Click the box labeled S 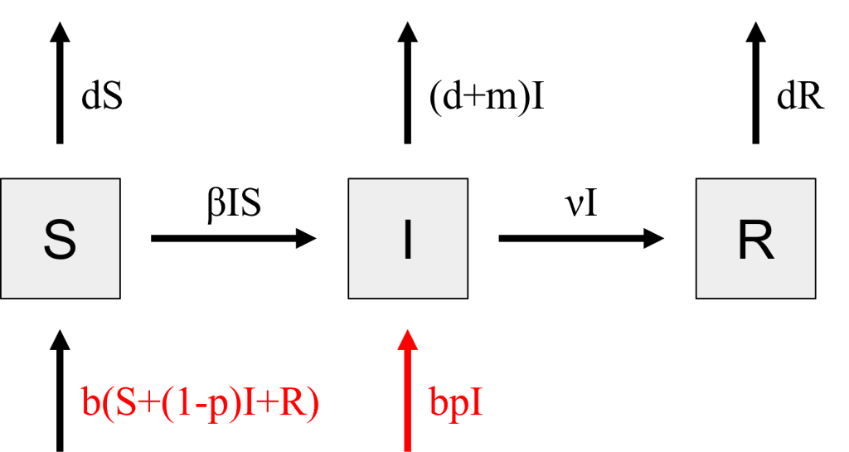click(x=60, y=238)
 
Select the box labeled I click(x=408, y=238)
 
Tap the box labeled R click(x=756, y=238)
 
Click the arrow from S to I click(x=233, y=238)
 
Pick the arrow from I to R click(x=581, y=238)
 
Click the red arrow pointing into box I click(x=408, y=391)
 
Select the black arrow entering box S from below click(x=60, y=391)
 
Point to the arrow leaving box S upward click(x=60, y=83)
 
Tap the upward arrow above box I click(x=408, y=83)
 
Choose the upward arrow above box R click(x=756, y=83)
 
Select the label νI click(x=580, y=204)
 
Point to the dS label click(x=102, y=96)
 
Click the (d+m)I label click(x=486, y=97)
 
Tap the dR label click(x=800, y=96)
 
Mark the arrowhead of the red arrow click(x=408, y=339)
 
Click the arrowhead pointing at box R click(x=654, y=238)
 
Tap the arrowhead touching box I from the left click(x=307, y=238)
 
